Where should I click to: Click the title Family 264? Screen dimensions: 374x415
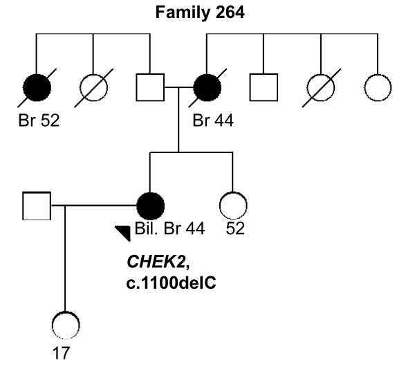[207, 12]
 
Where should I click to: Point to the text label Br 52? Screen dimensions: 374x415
[39, 121]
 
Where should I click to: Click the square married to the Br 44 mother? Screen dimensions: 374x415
[149, 90]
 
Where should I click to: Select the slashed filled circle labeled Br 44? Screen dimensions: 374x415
[207, 90]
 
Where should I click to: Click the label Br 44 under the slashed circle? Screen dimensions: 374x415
[213, 121]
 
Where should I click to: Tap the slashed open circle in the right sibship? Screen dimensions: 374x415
[320, 90]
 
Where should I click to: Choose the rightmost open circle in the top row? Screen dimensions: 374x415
[377, 90]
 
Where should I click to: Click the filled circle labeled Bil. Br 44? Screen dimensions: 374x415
[150, 206]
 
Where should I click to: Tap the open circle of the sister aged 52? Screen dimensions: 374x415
[232, 206]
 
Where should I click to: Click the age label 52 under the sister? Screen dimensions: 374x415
[236, 229]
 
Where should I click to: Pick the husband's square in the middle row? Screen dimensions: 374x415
[36, 206]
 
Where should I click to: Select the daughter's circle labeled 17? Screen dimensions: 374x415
[65, 323]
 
